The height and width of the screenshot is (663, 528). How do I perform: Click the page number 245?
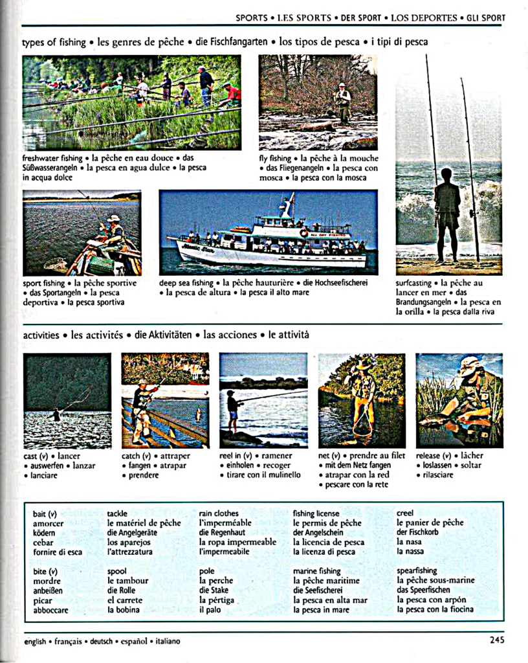(x=496, y=640)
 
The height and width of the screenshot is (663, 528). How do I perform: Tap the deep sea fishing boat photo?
(x=268, y=232)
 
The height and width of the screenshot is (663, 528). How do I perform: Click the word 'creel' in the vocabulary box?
(x=405, y=513)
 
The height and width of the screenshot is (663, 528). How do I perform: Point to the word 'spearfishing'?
(x=417, y=571)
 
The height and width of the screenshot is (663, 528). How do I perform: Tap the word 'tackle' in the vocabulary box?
(x=117, y=513)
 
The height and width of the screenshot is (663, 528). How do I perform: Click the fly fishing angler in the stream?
(x=342, y=101)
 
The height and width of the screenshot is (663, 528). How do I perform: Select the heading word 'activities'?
(x=42, y=335)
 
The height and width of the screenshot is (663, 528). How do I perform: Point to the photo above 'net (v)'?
(x=362, y=400)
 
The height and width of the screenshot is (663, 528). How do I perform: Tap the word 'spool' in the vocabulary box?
(x=117, y=571)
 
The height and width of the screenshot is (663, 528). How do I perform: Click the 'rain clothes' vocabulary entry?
(x=219, y=513)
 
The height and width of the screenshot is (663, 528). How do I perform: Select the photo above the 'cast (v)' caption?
(x=67, y=400)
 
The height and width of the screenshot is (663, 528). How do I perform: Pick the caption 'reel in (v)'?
(x=239, y=455)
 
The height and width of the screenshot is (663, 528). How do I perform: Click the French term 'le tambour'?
(x=127, y=581)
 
